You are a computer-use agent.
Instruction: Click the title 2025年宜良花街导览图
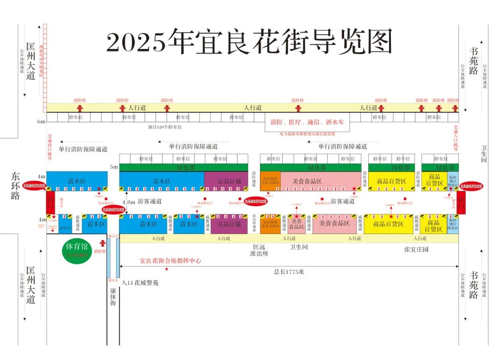(249, 42)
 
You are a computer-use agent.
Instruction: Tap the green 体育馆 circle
(78, 251)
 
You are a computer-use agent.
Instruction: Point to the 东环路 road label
(16, 186)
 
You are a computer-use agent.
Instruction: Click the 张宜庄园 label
(416, 249)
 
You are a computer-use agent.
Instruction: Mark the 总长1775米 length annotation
(289, 272)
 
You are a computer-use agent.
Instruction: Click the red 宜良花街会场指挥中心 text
(170, 261)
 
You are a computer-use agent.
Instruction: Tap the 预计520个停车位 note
(165, 127)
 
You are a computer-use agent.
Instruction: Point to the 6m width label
(42, 122)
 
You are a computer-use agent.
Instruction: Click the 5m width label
(114, 166)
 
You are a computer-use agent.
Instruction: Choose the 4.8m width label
(129, 202)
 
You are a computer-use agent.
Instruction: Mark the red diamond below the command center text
(166, 269)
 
